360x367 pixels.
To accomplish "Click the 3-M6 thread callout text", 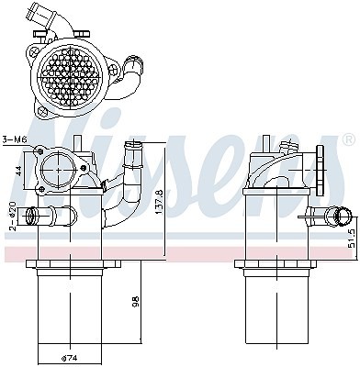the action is (15, 139).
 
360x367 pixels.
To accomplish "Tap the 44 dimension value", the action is (18, 171).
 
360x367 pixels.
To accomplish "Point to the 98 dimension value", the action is (136, 301).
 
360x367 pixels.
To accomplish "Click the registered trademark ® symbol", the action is (349, 139).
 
